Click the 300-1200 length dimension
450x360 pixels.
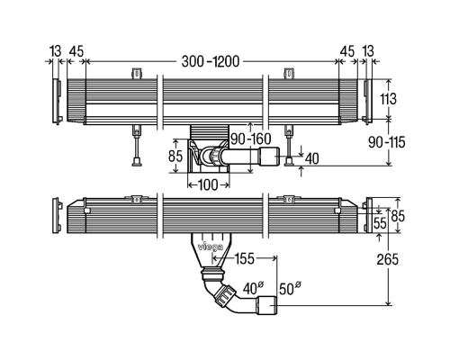211,61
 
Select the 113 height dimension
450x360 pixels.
389,99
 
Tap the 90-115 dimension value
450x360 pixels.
387,142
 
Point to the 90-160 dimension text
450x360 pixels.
251,139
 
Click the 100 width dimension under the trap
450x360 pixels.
208,184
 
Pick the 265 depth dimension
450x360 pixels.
388,259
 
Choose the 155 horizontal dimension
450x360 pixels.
244,258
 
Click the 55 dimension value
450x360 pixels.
380,223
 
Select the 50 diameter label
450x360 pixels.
290,288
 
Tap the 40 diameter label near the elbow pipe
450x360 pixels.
253,288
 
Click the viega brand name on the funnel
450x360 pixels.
211,247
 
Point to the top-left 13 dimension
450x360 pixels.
56,51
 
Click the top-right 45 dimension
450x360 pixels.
347,51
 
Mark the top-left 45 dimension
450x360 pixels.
76,51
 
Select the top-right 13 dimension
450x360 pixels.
368,51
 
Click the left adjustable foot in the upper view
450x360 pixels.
137,145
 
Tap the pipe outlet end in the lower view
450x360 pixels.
266,305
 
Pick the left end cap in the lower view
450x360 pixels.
57,215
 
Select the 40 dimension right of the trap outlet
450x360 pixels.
311,158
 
